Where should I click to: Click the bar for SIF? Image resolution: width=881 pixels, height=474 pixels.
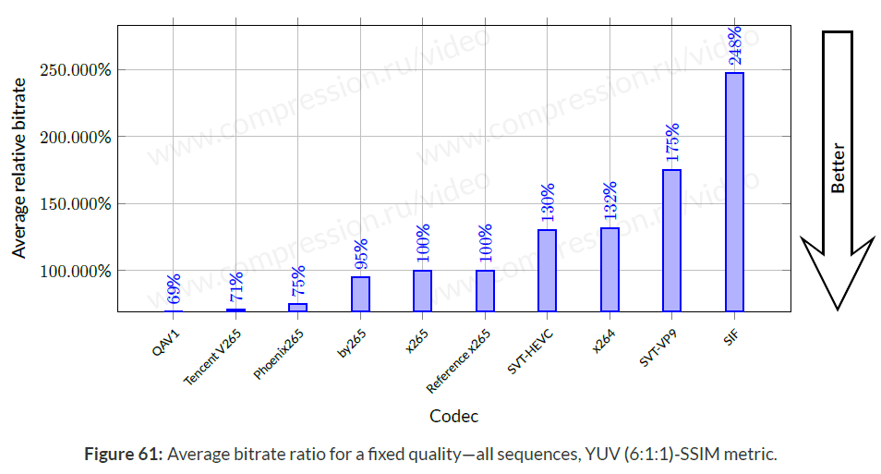[x=734, y=192]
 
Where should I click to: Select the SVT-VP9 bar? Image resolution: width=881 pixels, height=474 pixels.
[x=671, y=240]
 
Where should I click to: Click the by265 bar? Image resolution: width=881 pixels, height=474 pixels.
[x=360, y=294]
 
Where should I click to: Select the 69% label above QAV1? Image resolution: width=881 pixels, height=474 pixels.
[x=174, y=289]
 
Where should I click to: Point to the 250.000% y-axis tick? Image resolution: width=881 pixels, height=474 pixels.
[x=76, y=70]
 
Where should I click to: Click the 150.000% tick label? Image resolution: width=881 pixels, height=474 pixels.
[x=76, y=204]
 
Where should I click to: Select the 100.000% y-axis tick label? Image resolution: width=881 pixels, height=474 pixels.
[x=76, y=271]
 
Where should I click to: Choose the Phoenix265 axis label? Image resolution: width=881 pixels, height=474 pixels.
[x=279, y=355]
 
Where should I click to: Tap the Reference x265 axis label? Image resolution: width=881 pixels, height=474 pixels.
[x=459, y=360]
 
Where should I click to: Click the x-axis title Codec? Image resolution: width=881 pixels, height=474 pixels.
[x=454, y=416]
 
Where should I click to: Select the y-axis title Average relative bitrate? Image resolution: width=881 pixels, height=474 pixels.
[x=19, y=168]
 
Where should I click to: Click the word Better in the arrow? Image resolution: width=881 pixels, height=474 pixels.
[x=838, y=168]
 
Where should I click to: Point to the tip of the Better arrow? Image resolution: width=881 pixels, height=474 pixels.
[x=838, y=307]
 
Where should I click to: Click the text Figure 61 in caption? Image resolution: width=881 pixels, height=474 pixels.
[x=123, y=455]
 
